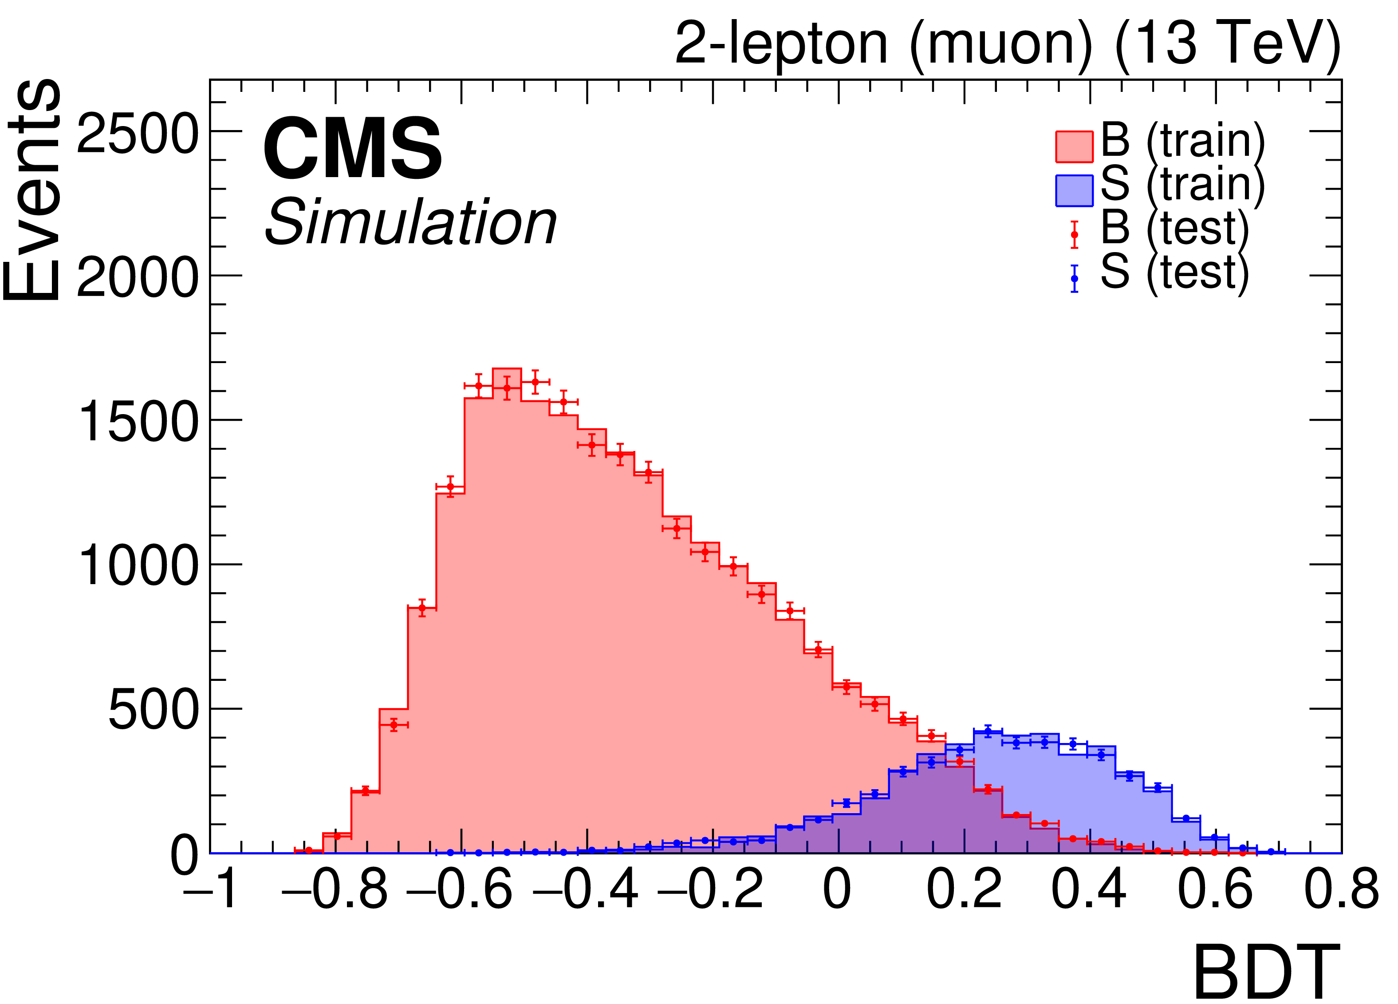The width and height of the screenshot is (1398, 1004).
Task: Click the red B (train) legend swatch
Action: (x=1074, y=147)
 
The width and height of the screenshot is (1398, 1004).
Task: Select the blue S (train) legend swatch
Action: (x=1074, y=190)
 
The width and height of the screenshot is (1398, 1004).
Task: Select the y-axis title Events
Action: (x=32, y=191)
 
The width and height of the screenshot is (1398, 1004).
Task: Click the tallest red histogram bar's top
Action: (x=507, y=369)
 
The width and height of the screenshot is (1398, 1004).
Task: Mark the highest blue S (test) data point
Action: (x=988, y=732)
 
